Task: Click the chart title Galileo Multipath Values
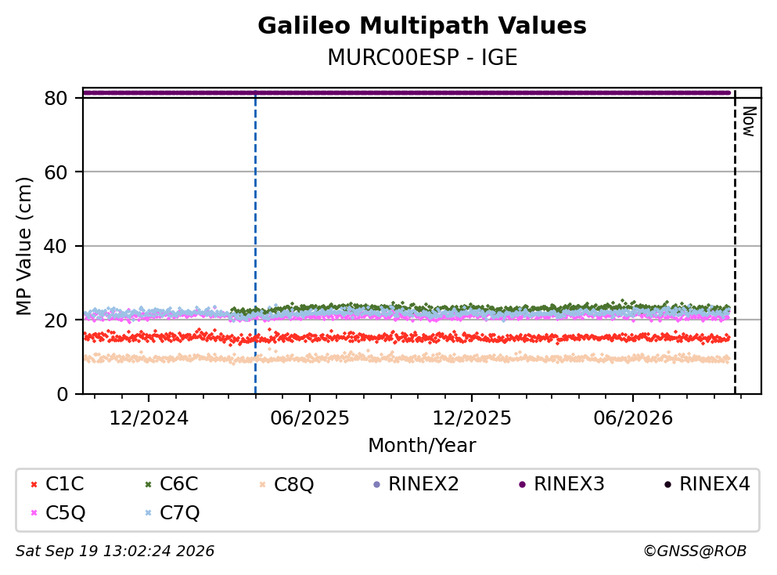(422, 26)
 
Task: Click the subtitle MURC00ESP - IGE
(423, 57)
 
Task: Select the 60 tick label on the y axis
(56, 172)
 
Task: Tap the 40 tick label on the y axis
(56, 246)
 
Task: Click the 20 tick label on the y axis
(56, 320)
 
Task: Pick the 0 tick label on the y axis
(62, 394)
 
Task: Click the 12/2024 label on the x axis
(149, 418)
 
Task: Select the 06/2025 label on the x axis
(310, 418)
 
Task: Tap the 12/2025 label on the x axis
(472, 418)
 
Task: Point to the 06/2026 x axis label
(633, 418)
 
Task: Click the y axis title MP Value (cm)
(23, 246)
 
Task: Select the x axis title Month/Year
(422, 446)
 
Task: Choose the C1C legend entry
(57, 483)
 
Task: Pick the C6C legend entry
(171, 483)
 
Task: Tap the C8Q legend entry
(286, 484)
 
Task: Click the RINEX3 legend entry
(562, 483)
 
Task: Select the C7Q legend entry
(172, 513)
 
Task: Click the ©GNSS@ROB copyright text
(695, 551)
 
